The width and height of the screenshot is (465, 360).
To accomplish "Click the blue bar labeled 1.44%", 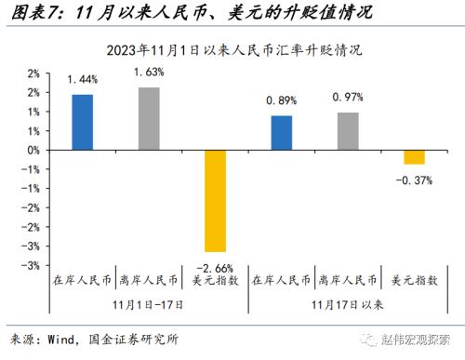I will point(82,122).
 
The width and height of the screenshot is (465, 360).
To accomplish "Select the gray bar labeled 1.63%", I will point(150,118).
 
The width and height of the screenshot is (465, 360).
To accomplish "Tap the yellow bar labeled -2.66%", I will point(216,200).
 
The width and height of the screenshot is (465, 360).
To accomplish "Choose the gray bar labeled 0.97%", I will point(348,130).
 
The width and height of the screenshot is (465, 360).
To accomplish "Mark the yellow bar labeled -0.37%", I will point(414,156).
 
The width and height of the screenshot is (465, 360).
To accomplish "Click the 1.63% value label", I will point(150,72).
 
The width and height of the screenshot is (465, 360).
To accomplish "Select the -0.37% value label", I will point(414,180).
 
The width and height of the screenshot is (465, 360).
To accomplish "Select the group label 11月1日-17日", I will point(149,303).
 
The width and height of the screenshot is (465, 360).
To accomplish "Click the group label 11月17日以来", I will point(349,303).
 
